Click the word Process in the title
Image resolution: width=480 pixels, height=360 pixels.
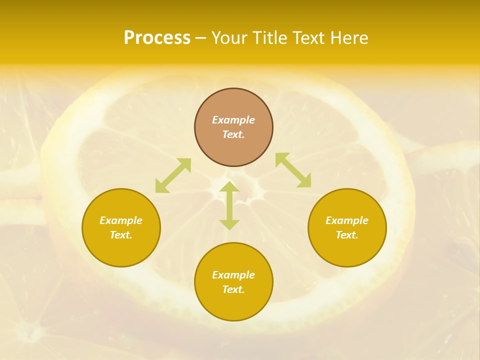coord(157,38)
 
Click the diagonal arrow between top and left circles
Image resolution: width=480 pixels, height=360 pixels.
coord(173,175)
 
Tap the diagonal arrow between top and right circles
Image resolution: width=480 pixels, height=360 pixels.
coord(293,170)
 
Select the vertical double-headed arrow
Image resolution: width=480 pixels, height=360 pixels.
coord(229,205)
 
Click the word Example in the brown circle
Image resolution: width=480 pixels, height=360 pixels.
coord(233,120)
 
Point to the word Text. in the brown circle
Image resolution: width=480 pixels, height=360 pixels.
coord(233,134)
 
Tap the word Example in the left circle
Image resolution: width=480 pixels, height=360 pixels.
coord(121,220)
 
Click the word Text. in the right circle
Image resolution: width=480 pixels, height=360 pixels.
coord(347,235)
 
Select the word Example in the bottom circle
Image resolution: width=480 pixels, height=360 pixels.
coord(233,275)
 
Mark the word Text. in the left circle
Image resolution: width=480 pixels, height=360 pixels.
coord(121,235)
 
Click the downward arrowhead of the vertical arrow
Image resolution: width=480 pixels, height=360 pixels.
coord(229,225)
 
